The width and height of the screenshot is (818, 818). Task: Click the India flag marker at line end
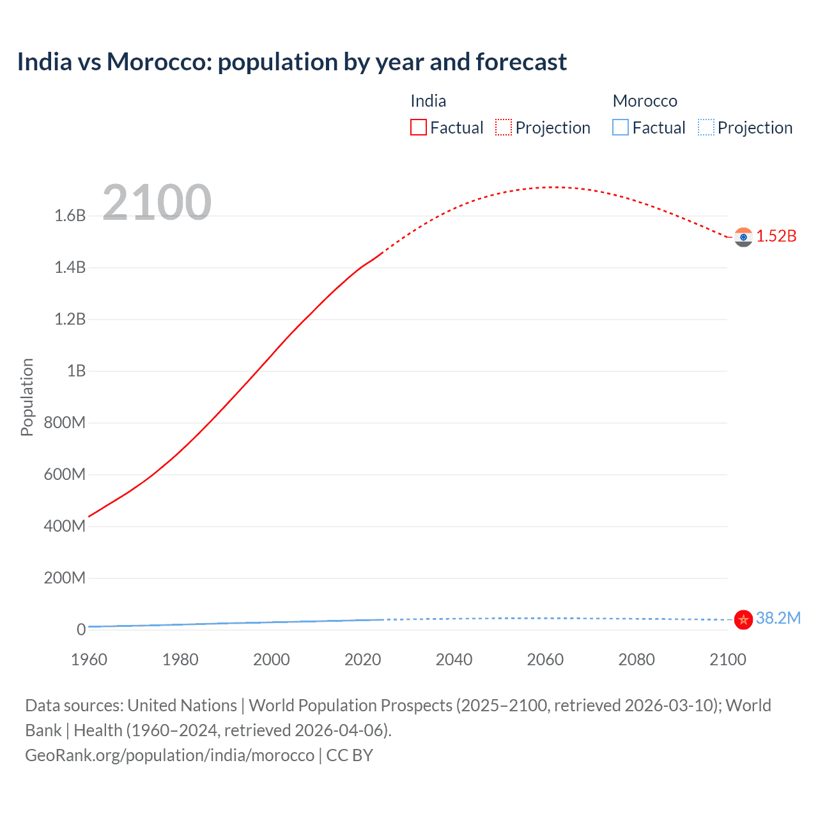tap(743, 237)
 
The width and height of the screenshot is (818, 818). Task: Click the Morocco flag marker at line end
tap(743, 619)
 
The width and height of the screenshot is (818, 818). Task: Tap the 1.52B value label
tap(776, 236)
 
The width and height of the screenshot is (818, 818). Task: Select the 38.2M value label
tap(778, 618)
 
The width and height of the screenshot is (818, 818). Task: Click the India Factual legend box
tap(418, 128)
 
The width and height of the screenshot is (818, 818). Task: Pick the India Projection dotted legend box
tap(504, 128)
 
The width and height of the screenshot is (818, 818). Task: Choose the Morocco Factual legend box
tap(621, 128)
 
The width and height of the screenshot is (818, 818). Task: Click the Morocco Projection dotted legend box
tap(706, 128)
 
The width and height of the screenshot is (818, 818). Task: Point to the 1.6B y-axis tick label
tap(70, 215)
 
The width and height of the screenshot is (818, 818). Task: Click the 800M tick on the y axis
tap(65, 422)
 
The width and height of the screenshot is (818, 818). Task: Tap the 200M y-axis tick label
tap(65, 578)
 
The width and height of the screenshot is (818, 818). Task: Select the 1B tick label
tap(76, 371)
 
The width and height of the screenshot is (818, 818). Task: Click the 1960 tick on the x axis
tap(89, 660)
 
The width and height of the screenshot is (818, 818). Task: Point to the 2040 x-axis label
tap(454, 660)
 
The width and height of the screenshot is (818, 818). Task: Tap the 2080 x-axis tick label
tap(637, 660)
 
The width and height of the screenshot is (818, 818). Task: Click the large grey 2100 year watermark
tap(157, 203)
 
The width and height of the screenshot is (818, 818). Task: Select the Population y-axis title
tap(27, 397)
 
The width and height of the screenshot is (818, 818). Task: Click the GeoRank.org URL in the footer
tap(170, 755)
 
